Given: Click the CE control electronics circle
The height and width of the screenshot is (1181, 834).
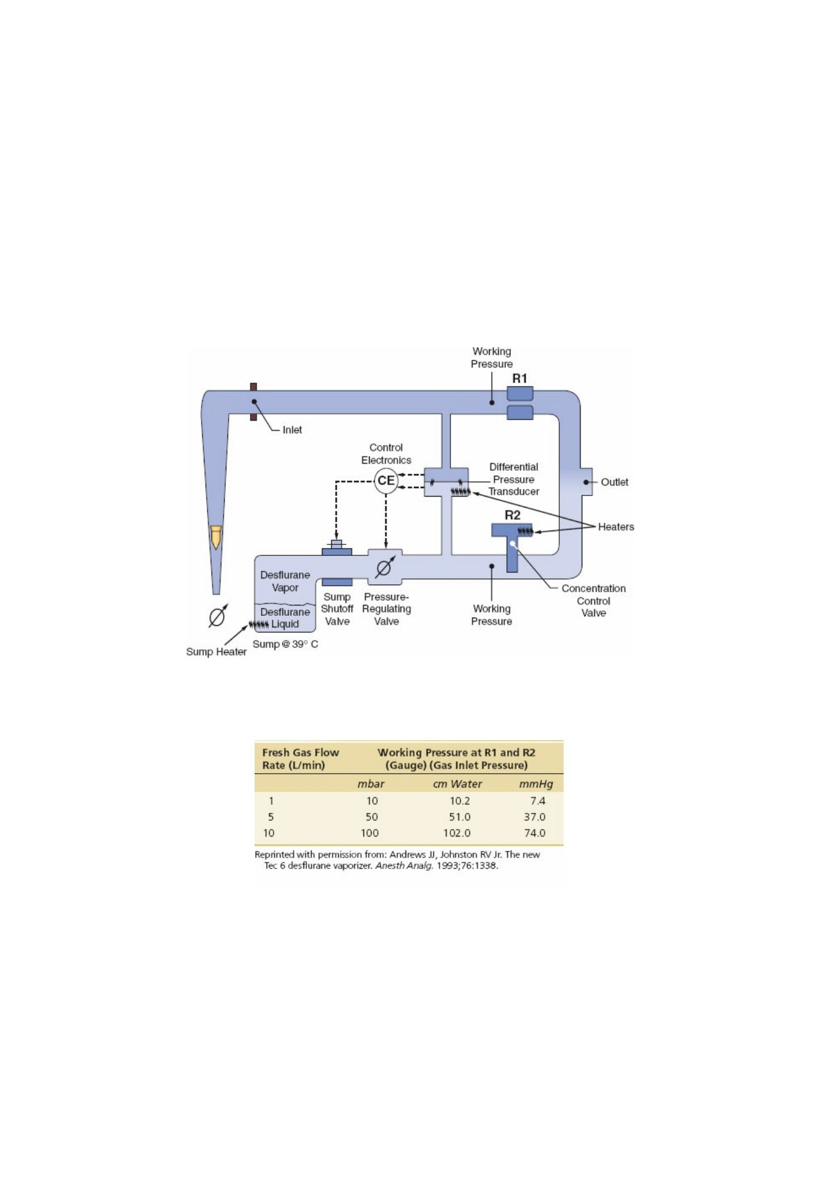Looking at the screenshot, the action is click(386, 480).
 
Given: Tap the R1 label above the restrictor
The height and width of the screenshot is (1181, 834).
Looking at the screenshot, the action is click(520, 378).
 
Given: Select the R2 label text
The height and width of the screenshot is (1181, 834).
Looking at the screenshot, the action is click(513, 515).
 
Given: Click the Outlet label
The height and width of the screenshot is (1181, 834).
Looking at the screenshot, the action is click(615, 482).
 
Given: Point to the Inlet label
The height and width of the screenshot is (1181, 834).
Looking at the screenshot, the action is click(292, 430).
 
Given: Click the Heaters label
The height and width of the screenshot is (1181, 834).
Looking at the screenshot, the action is click(616, 527).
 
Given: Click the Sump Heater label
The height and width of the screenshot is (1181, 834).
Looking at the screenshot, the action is click(216, 652).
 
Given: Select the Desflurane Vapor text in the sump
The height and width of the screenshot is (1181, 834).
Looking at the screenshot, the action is click(285, 581).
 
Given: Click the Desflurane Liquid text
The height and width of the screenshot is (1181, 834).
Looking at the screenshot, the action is click(285, 618).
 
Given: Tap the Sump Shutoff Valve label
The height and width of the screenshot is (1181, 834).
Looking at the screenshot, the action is click(337, 609).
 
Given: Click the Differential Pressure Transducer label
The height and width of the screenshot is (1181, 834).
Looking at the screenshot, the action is click(514, 479).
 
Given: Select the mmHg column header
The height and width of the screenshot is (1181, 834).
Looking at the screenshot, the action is click(536, 784).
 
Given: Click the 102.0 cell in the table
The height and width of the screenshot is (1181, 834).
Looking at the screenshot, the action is click(457, 833).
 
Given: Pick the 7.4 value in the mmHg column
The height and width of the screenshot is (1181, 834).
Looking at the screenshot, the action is click(538, 801).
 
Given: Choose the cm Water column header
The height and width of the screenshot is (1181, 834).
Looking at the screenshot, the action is click(457, 784).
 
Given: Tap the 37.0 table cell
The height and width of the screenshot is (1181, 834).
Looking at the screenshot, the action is click(534, 817).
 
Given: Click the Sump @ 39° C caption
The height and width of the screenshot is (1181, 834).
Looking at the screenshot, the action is click(285, 644).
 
